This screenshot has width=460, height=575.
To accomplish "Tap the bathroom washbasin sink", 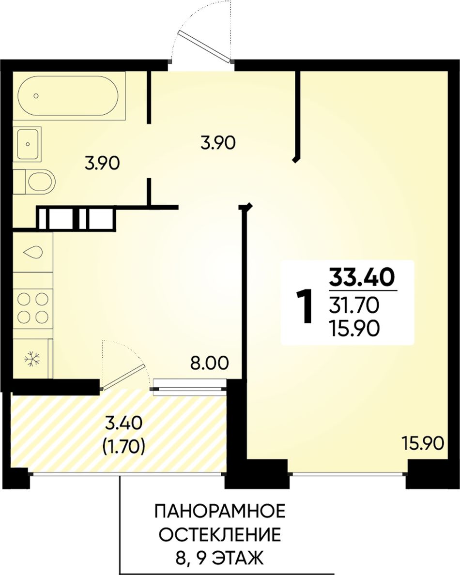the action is pyautogui.click(x=27, y=144).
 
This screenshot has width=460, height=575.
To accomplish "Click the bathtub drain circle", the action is pyautogui.click(x=36, y=96).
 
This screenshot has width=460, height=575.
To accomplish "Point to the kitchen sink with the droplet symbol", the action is pyautogui.click(x=33, y=252).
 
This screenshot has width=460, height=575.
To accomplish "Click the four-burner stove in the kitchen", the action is pyautogui.click(x=33, y=308).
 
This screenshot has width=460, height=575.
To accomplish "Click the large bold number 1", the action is pyautogui.click(x=304, y=306).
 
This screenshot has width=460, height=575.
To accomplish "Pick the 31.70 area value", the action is pyautogui.click(x=353, y=305).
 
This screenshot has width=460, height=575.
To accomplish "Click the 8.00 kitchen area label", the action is pyautogui.click(x=209, y=363).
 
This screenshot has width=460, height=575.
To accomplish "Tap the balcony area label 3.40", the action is pyautogui.click(x=123, y=424).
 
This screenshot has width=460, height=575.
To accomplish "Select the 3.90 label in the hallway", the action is pyautogui.click(x=218, y=143).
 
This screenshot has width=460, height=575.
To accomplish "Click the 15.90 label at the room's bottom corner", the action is pyautogui.click(x=423, y=443).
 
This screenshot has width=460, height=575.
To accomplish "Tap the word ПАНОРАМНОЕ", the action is pyautogui.click(x=220, y=512).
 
